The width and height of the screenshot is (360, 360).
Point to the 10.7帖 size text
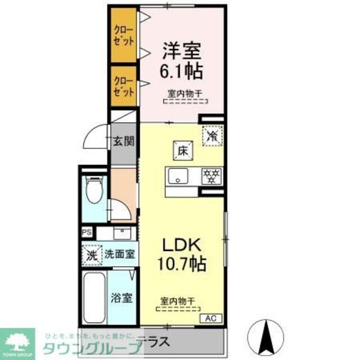(x=181, y=263)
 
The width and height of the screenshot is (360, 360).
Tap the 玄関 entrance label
(x=124, y=141)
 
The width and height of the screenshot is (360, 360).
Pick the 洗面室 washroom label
(x=120, y=254)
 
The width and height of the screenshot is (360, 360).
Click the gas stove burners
(x=212, y=176)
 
